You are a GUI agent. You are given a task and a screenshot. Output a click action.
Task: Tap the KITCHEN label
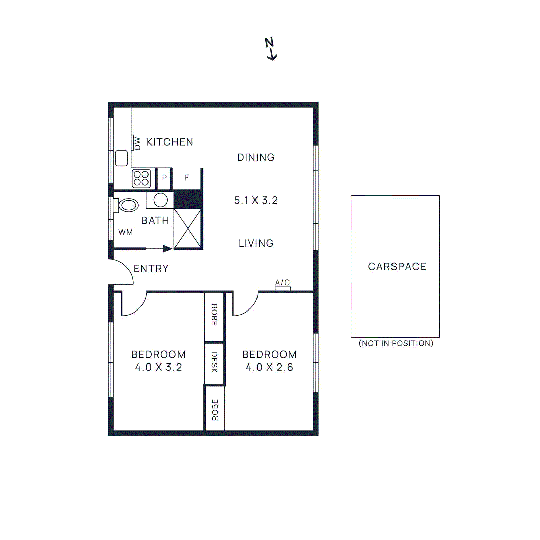(169, 142)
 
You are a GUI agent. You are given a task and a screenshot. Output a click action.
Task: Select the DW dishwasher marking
(137, 143)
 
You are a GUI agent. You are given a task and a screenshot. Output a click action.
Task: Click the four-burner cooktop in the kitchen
(141, 179)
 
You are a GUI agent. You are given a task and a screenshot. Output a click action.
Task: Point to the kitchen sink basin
(122, 158)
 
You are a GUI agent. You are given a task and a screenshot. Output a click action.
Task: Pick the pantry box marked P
(164, 178)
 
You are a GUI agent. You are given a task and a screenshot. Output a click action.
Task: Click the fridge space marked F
(187, 178)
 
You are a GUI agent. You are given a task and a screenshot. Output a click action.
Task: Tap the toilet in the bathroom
(127, 205)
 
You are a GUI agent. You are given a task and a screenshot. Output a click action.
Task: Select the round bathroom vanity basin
(161, 200)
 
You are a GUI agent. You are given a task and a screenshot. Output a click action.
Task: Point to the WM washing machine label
(126, 232)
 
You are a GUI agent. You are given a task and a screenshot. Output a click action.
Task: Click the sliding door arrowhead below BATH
(168, 249)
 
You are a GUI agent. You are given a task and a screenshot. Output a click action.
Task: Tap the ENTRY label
(151, 269)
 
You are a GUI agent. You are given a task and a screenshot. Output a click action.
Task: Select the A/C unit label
(282, 282)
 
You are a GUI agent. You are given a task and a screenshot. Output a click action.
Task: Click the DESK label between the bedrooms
(214, 362)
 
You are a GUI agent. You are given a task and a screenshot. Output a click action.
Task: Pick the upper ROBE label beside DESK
(214, 315)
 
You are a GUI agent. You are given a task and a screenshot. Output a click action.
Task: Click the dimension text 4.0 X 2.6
(269, 367)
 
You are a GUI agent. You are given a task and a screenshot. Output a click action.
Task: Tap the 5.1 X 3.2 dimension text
(256, 200)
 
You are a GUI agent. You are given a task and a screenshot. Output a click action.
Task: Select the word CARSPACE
(397, 267)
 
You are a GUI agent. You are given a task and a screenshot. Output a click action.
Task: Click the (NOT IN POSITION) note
(396, 343)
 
